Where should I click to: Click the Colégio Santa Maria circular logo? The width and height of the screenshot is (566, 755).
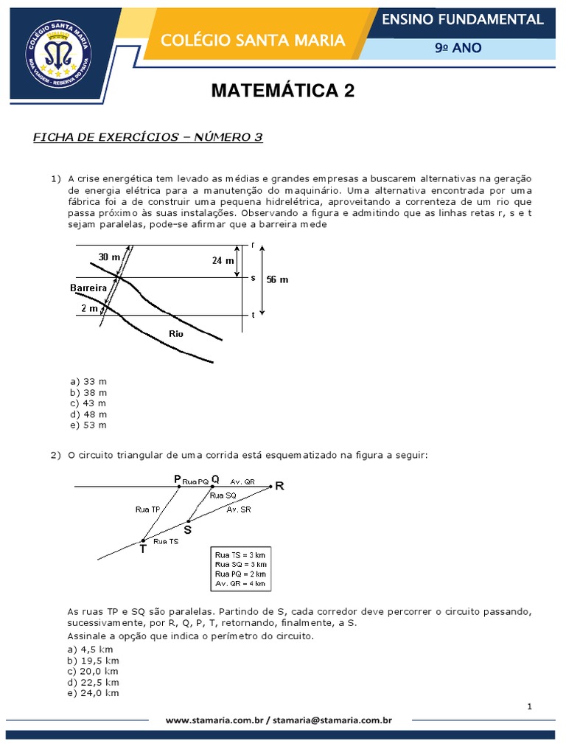pyautogui.click(x=61, y=49)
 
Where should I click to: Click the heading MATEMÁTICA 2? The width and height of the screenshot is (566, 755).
pyautogui.click(x=283, y=91)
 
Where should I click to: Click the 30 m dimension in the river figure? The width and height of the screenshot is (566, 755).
pyautogui.click(x=109, y=257)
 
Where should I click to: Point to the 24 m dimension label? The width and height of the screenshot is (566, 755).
pyautogui.click(x=222, y=260)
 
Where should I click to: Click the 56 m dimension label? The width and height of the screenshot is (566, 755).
pyautogui.click(x=277, y=280)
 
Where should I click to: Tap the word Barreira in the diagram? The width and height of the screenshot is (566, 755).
pyautogui.click(x=89, y=287)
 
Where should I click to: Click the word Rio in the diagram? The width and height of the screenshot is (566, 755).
pyautogui.click(x=175, y=333)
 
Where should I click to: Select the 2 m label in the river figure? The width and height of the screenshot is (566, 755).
pyautogui.click(x=89, y=308)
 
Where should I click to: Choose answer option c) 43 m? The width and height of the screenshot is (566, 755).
pyautogui.click(x=88, y=403)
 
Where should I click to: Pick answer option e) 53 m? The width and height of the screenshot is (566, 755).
pyautogui.click(x=88, y=425)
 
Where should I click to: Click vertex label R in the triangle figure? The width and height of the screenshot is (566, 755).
pyautogui.click(x=279, y=486)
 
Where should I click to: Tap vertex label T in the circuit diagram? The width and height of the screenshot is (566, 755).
pyautogui.click(x=141, y=549)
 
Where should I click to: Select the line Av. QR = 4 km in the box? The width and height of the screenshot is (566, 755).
pyautogui.click(x=240, y=583)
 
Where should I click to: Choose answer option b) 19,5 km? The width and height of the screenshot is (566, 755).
pyautogui.click(x=93, y=661)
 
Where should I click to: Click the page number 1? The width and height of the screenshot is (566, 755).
pyautogui.click(x=529, y=707)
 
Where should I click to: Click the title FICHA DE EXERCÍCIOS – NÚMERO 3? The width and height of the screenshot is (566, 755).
pyautogui.click(x=148, y=137)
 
